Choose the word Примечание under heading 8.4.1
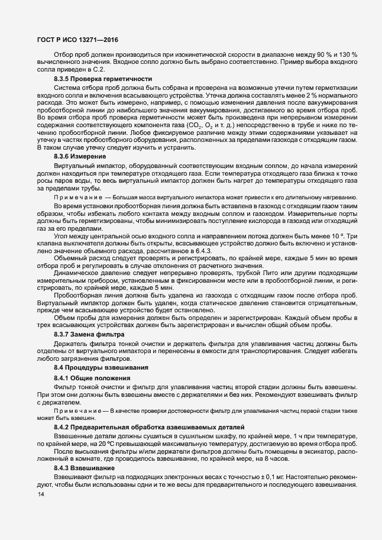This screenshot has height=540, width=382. pyautogui.click(x=73, y=410)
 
